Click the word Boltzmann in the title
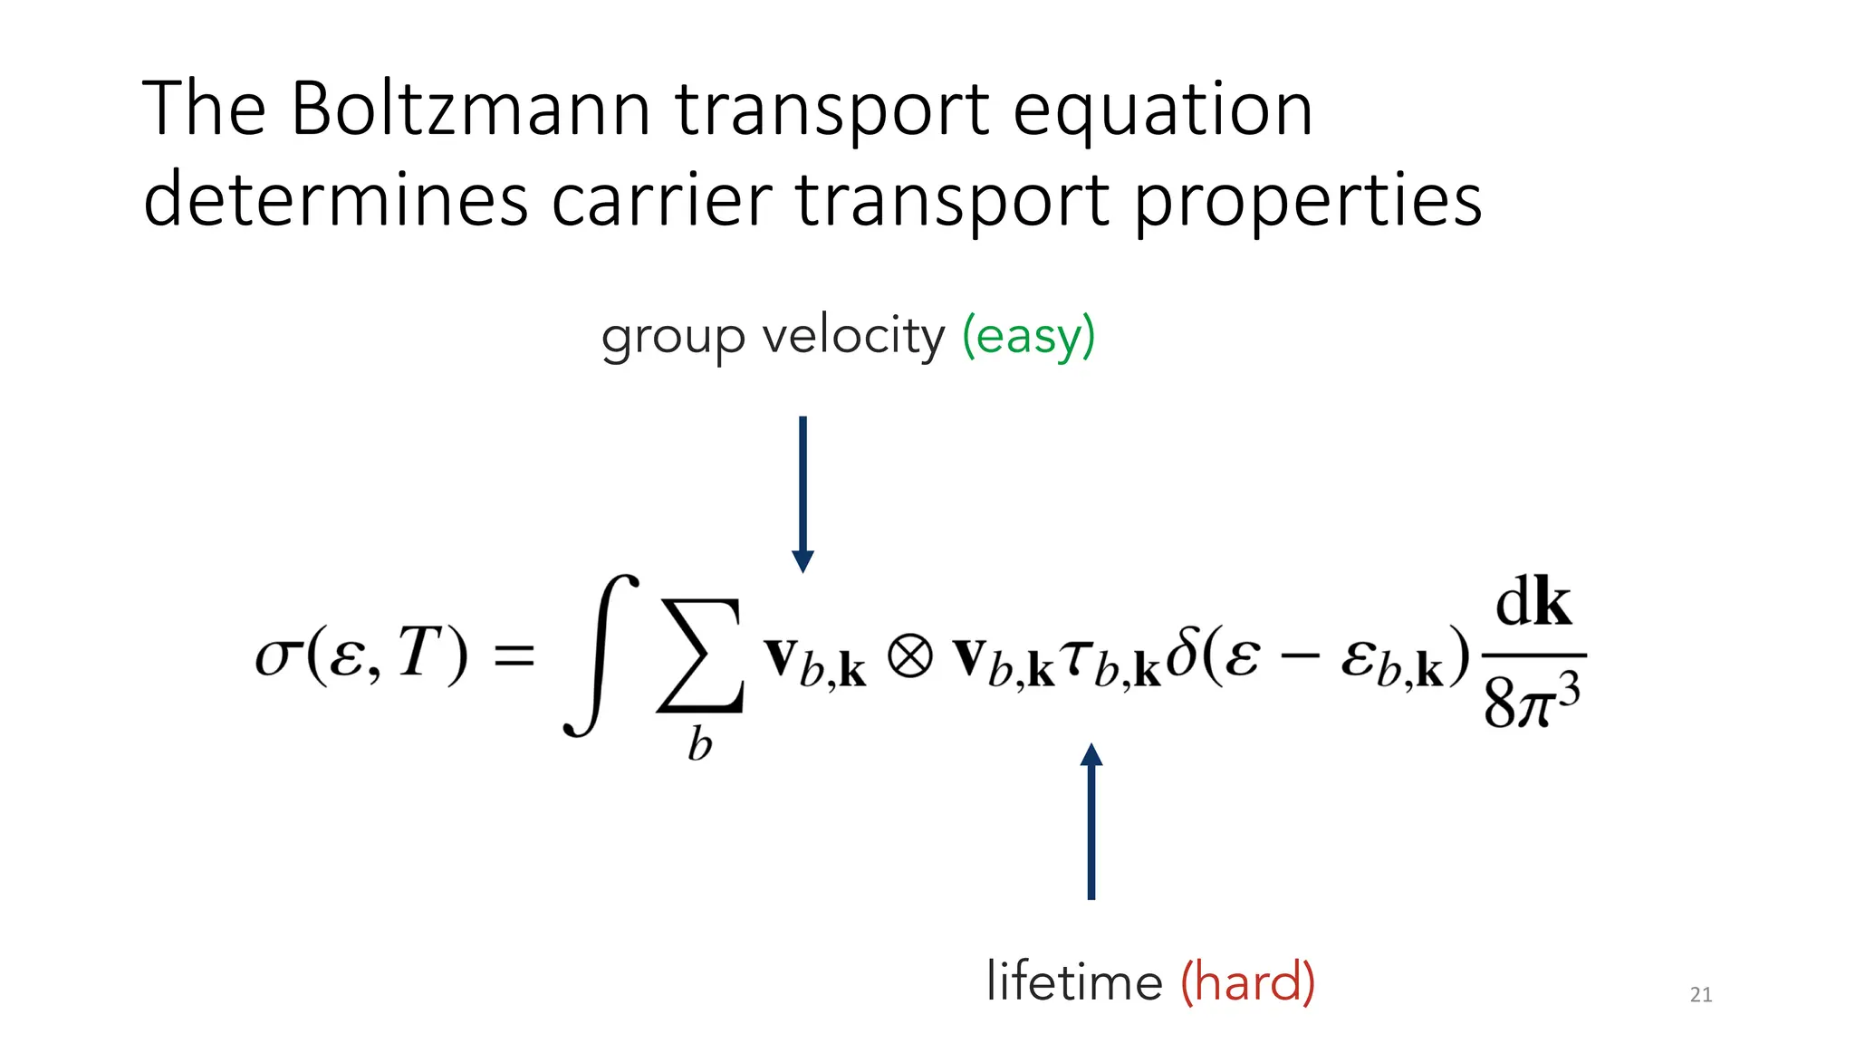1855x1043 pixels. point(470,110)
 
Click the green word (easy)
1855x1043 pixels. point(1028,337)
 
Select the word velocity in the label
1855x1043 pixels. point(853,337)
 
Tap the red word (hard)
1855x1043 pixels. point(1247,981)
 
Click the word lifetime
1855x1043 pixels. point(1074,981)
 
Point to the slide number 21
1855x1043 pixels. point(1701,995)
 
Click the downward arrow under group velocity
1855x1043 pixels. point(803,493)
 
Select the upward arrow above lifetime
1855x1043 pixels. point(1091,820)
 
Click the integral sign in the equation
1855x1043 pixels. point(600,655)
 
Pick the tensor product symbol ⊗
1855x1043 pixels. point(908,655)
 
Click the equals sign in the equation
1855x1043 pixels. point(514,655)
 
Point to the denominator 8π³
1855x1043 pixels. point(1532,703)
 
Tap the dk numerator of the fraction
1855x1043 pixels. point(1533,604)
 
